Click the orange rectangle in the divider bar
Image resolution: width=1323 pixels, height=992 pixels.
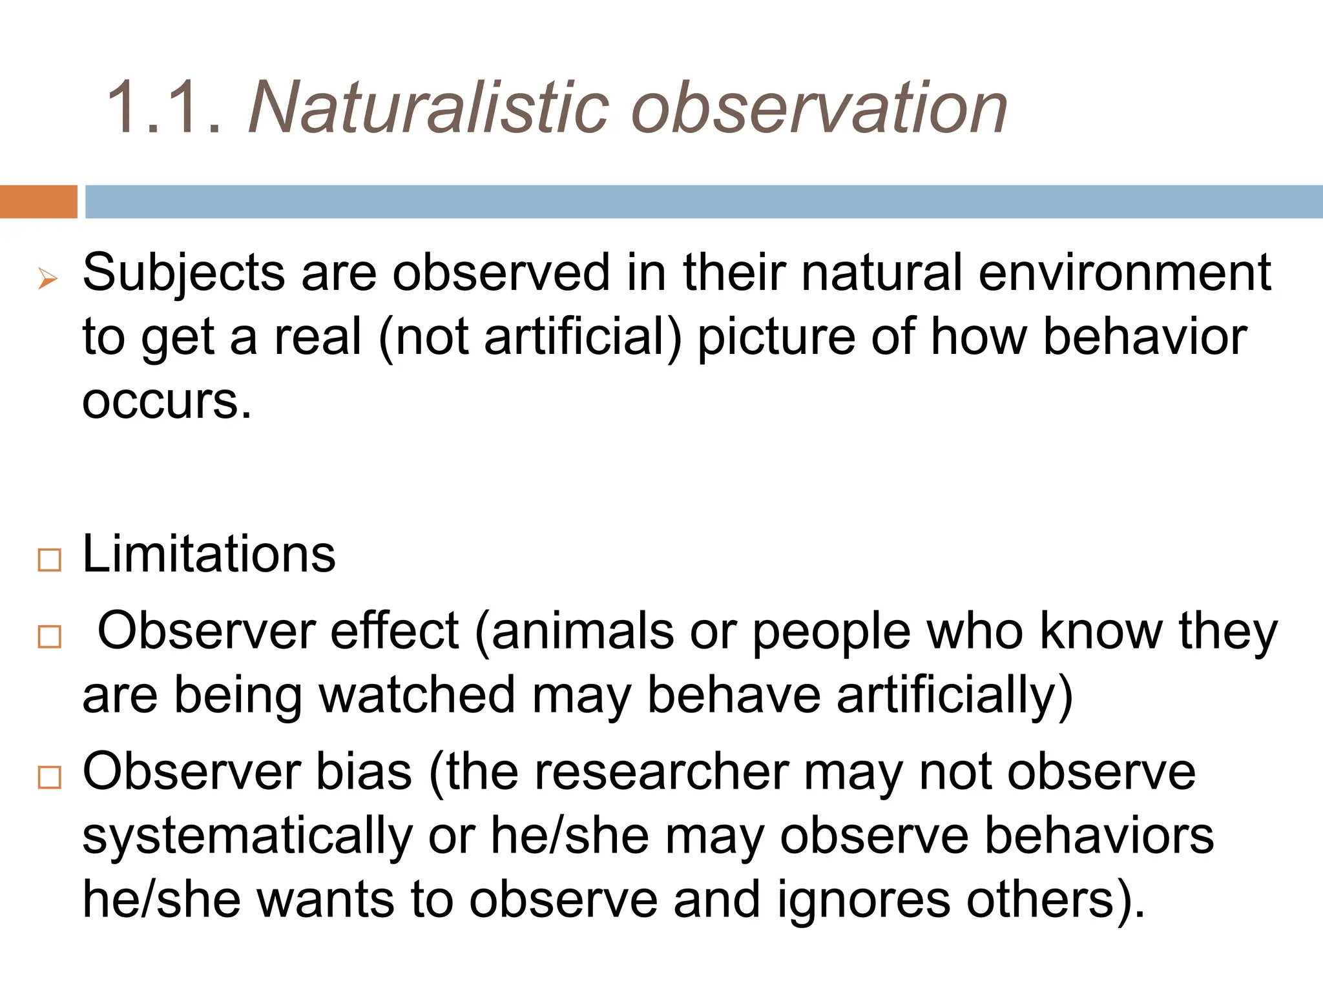pos(38,201)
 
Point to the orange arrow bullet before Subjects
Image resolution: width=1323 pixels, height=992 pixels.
pos(48,280)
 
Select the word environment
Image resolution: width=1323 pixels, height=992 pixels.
pos(1125,273)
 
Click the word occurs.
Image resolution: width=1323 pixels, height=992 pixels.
pos(166,401)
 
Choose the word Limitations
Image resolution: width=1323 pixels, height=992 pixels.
pos(209,554)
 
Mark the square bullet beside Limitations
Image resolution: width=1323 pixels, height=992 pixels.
pos(50,560)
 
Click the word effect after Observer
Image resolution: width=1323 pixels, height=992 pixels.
pos(395,630)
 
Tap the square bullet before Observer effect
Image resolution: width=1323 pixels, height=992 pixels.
pos(50,637)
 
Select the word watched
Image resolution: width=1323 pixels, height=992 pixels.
pos(417,695)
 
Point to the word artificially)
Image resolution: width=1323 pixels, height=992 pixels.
pos(955,696)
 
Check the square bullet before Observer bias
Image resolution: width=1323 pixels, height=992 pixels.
pos(50,777)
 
